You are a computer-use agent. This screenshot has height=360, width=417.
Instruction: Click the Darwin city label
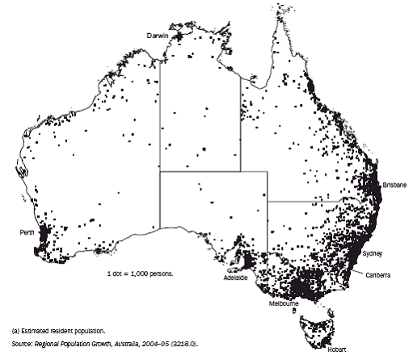[x=158, y=35]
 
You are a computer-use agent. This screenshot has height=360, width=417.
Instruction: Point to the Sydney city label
[x=373, y=254]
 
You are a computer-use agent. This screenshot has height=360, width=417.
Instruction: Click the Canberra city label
[x=378, y=276]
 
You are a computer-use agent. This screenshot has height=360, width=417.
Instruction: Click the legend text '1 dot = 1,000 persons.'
[x=142, y=274]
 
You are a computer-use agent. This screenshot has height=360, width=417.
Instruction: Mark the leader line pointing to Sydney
[x=361, y=251]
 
